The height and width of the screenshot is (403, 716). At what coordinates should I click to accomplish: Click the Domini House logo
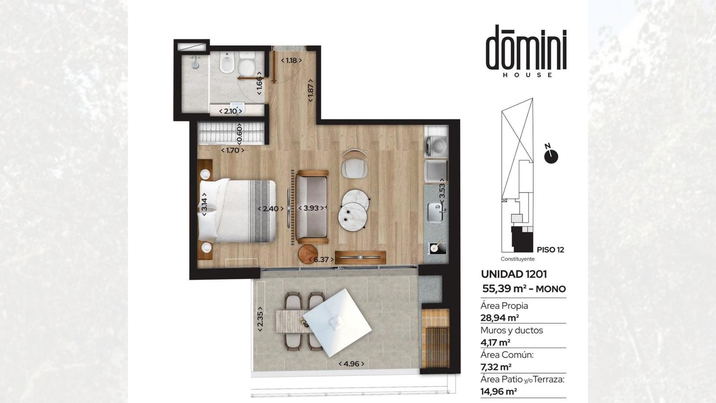point(526,51)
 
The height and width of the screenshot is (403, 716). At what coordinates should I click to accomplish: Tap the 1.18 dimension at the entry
point(291,60)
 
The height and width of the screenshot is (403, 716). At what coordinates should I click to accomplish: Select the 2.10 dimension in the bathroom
point(230,111)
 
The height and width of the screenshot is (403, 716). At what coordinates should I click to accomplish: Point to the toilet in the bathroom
point(247,63)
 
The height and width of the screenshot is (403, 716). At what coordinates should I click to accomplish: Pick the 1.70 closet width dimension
point(232,150)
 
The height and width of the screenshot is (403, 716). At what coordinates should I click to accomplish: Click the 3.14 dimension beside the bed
point(204,204)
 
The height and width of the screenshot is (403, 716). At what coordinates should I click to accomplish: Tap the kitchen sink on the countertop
point(436,212)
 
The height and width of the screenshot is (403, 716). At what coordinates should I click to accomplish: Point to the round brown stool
point(308,254)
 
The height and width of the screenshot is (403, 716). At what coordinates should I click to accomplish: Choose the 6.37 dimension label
point(321,259)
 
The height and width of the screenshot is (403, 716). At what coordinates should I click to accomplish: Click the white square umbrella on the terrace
point(337,323)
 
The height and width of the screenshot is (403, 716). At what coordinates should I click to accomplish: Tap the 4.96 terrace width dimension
point(351,364)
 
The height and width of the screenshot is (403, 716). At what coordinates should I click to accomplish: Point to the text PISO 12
point(550,250)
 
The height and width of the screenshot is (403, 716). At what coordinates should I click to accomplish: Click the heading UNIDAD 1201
point(514,274)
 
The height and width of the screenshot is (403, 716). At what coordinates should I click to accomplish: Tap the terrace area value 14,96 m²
point(499,391)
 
